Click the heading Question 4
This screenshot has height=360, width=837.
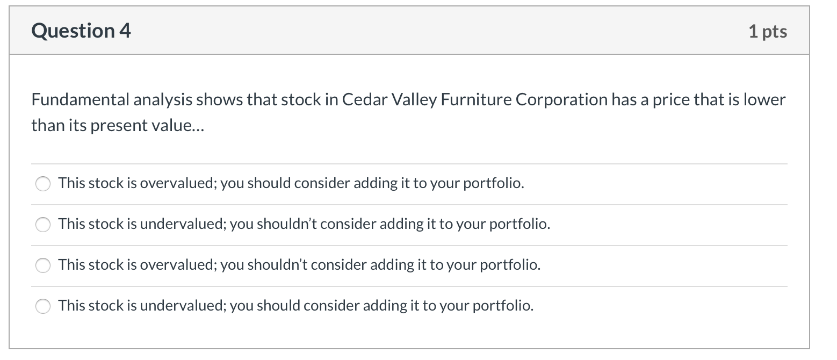(x=81, y=31)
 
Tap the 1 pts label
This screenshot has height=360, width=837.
(x=768, y=32)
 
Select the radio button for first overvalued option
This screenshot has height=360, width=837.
(x=43, y=184)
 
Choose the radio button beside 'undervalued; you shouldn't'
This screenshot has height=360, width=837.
(x=43, y=225)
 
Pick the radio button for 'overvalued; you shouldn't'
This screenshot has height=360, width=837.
(x=43, y=265)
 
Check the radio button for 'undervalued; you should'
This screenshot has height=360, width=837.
(x=43, y=306)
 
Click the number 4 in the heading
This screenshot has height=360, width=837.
(x=125, y=31)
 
